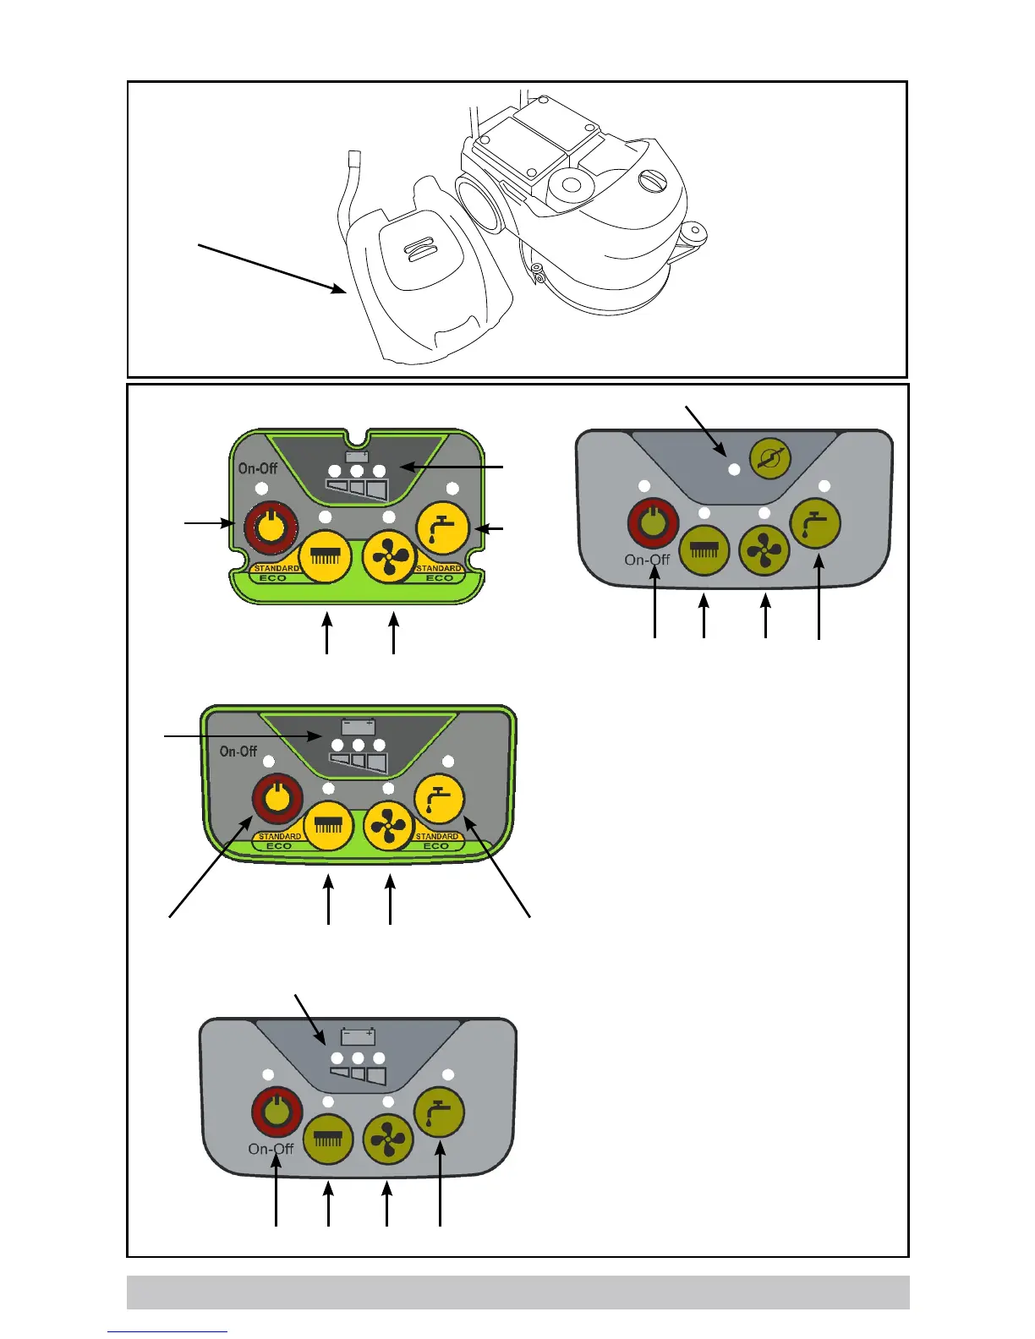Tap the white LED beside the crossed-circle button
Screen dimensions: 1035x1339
coord(734,469)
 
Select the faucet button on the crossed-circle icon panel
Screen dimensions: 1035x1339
coord(816,524)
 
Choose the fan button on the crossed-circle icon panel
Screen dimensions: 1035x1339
coord(764,550)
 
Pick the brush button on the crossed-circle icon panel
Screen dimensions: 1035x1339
coord(704,550)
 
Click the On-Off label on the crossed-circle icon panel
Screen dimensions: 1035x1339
coord(647,560)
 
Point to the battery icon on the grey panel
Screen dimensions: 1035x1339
coord(358,1036)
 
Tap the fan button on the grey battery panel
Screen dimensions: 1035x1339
coord(388,1139)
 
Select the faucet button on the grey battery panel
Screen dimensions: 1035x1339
coord(439,1113)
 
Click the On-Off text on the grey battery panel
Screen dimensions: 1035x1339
coord(271,1149)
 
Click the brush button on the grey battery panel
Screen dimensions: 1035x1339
coord(328,1139)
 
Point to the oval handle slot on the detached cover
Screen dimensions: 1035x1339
coord(419,249)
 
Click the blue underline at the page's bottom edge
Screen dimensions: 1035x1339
coord(167,1332)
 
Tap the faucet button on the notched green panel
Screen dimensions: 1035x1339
coord(443,526)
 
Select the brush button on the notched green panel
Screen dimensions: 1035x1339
coord(326,557)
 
